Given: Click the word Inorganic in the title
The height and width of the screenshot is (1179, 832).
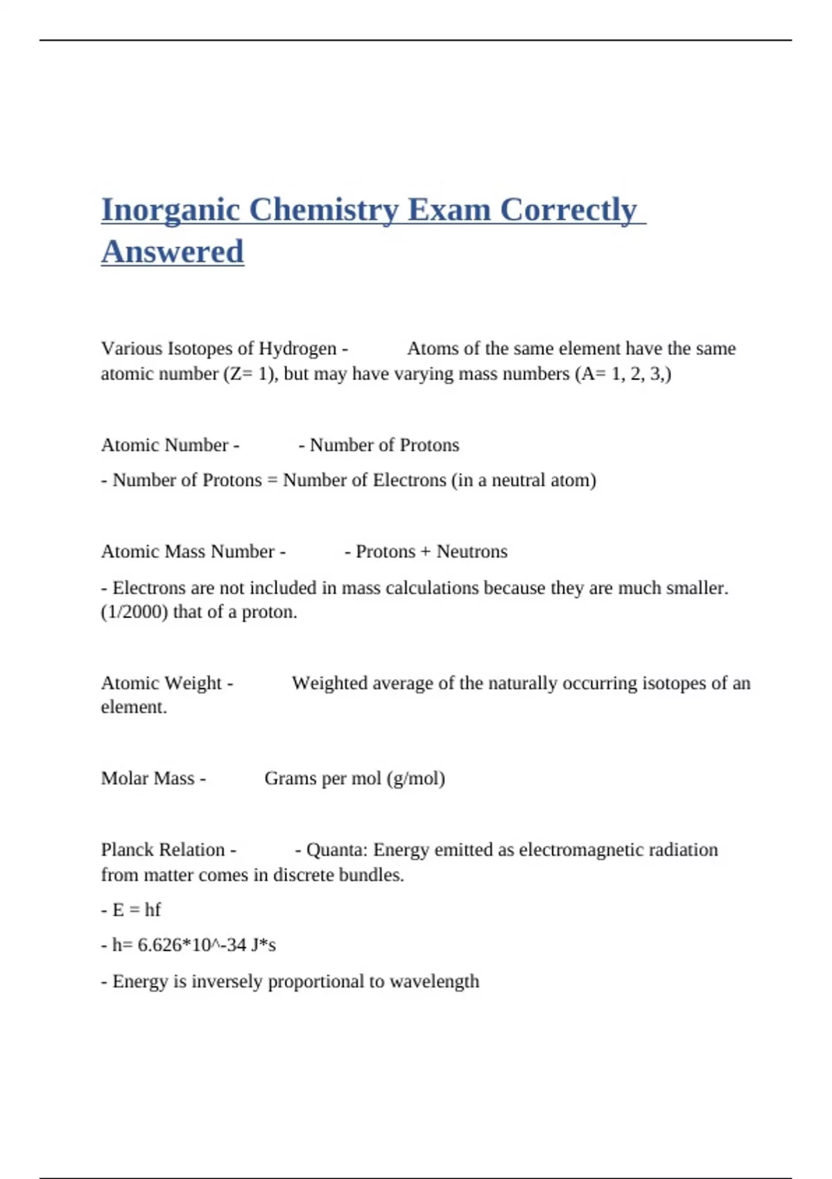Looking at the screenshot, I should (170, 210).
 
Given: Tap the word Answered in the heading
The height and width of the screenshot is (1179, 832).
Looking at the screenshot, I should (172, 252).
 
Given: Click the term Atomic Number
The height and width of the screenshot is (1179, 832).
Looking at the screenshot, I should (165, 445).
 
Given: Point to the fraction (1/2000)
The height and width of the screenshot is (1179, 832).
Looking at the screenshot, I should (135, 612).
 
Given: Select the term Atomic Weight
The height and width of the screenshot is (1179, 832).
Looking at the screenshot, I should (162, 683).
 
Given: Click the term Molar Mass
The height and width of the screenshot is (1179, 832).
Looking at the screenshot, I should (148, 778).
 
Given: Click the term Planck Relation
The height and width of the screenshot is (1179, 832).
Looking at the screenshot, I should (163, 850).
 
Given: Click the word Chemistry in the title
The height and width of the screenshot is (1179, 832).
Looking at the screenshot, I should (323, 210).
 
